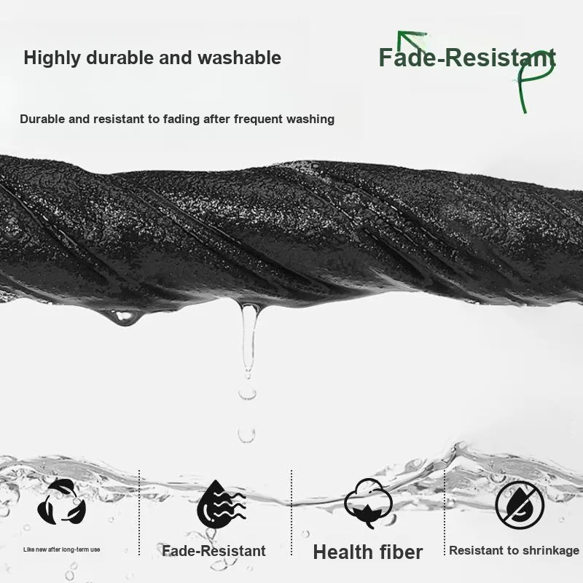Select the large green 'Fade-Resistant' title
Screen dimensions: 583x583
click(466, 58)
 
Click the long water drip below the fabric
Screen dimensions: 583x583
click(249, 335)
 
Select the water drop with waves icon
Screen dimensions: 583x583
click(219, 502)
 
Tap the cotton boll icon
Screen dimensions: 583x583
click(368, 503)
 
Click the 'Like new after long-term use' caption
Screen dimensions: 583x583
click(61, 549)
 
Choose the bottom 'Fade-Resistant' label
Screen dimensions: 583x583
click(214, 551)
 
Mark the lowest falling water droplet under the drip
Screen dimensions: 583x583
click(246, 435)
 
